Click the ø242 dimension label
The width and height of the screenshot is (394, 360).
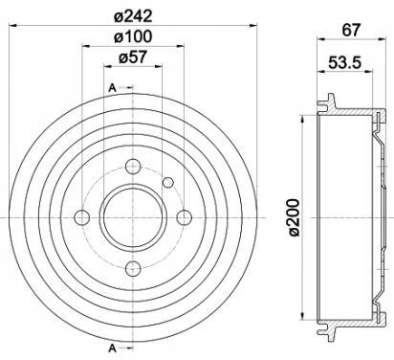[x=133, y=16]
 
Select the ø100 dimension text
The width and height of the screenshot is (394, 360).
[x=133, y=36]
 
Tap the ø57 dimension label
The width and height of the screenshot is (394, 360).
[x=133, y=57]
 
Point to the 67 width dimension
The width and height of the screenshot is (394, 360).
[x=351, y=31]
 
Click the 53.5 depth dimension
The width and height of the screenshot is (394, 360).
[x=344, y=62]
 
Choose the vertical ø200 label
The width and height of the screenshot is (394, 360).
[x=294, y=217]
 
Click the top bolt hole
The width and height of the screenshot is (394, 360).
[x=133, y=167]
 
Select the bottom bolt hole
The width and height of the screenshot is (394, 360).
[x=133, y=269]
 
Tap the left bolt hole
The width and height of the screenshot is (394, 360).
[x=82, y=217]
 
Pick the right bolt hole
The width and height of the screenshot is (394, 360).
[x=185, y=217]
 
